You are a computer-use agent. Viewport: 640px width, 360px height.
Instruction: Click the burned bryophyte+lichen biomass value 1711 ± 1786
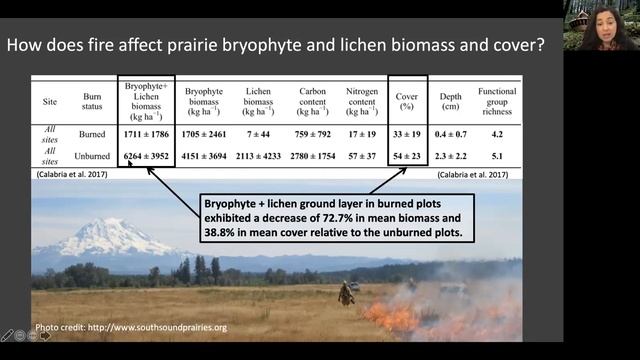146,134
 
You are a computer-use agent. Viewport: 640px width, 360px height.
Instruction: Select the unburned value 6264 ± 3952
146,158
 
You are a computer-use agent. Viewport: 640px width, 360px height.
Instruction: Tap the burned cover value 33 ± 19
407,134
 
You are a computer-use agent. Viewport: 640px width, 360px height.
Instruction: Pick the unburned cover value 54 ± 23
407,158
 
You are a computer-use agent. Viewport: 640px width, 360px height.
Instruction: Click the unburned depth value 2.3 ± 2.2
452,158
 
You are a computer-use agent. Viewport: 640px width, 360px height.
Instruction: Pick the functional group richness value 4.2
496,134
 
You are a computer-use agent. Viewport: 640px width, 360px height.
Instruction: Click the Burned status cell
92,134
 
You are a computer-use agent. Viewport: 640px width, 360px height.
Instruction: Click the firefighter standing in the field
345,293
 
